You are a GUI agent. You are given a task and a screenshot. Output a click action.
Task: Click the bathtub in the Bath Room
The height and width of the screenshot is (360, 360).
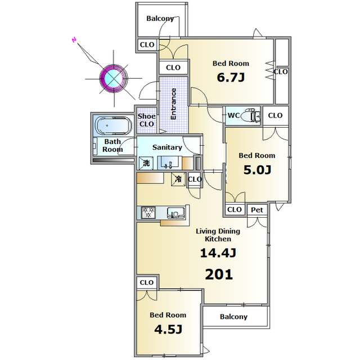click(x=114, y=125)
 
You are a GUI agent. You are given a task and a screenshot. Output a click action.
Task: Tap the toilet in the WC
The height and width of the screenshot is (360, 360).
click(x=250, y=115)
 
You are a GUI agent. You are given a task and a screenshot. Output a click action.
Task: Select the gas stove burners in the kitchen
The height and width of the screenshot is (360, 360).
click(x=148, y=213)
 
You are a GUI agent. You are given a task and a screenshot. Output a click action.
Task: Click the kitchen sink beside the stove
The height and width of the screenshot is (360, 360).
click(x=175, y=213)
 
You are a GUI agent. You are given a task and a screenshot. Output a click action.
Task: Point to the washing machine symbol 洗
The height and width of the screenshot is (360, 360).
click(x=146, y=163)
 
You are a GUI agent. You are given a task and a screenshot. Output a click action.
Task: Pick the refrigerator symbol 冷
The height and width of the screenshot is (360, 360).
click(x=178, y=179)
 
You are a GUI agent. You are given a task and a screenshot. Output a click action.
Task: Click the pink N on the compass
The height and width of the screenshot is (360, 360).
click(x=74, y=40)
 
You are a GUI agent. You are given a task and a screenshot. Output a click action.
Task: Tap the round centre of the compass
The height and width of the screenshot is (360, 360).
click(x=114, y=79)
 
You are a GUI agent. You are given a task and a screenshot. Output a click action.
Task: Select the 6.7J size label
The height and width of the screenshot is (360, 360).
click(x=231, y=78)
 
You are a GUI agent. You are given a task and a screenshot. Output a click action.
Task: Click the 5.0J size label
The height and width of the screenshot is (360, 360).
click(x=257, y=170)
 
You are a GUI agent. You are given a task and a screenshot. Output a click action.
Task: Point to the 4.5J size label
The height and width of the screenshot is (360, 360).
click(x=168, y=330)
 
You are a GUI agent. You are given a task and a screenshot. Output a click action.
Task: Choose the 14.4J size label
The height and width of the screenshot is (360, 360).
click(x=218, y=253)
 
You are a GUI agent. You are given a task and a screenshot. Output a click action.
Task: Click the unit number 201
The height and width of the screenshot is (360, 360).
click(x=219, y=274)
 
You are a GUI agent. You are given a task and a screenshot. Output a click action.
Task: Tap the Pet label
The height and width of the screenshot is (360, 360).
click(x=257, y=210)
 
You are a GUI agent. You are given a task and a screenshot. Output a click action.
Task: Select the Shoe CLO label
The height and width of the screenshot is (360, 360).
click(x=146, y=120)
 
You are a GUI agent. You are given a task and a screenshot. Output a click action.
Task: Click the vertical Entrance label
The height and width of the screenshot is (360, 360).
click(x=173, y=104)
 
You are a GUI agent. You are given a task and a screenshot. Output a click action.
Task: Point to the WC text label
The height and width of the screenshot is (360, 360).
click(x=233, y=115)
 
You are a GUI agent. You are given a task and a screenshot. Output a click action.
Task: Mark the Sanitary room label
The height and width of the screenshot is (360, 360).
click(x=167, y=147)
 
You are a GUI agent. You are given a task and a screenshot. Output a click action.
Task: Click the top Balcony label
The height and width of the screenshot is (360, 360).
click(x=160, y=19)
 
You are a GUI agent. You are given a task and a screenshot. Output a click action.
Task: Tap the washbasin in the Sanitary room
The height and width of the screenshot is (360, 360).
click(x=170, y=163)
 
